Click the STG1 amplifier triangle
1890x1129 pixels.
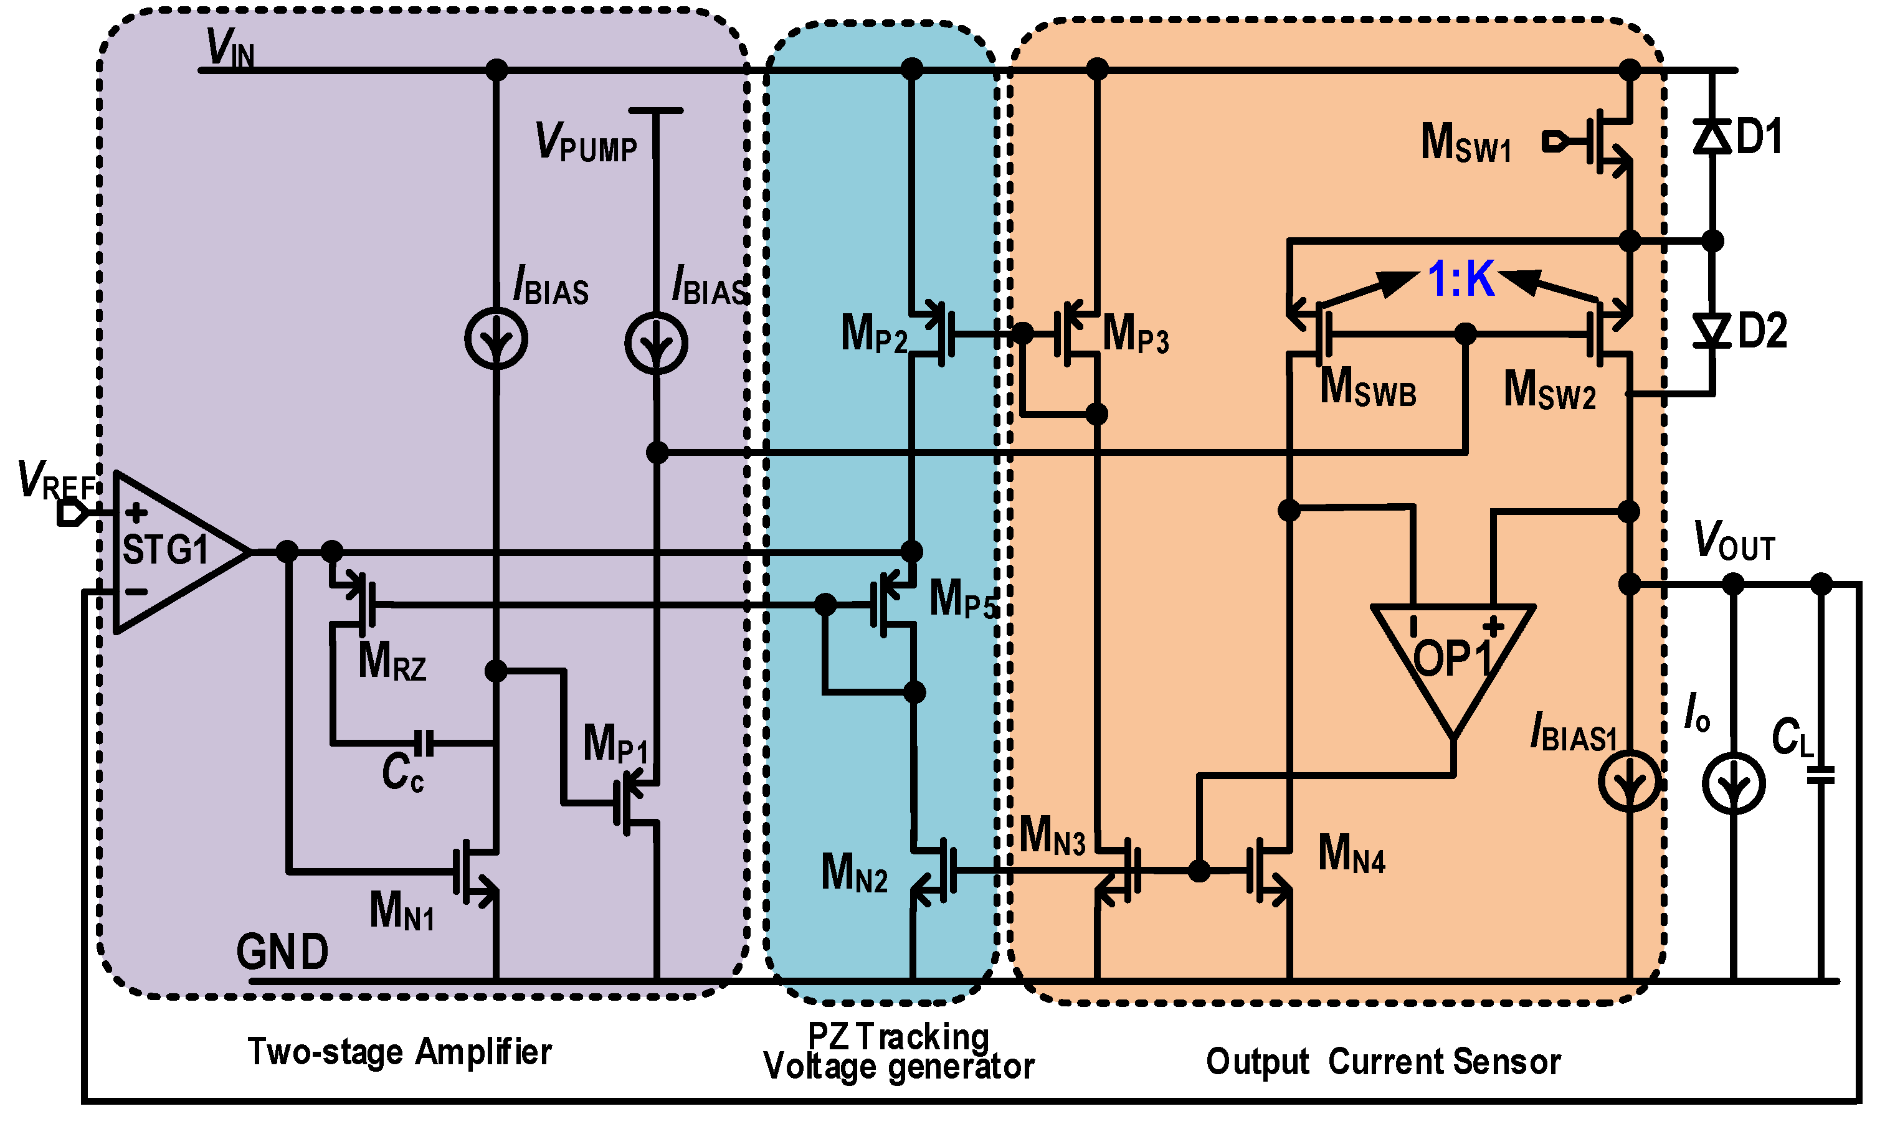pyautogui.click(x=171, y=552)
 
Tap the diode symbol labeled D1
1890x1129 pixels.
pyautogui.click(x=1712, y=138)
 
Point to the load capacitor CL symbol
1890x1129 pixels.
pyautogui.click(x=1821, y=775)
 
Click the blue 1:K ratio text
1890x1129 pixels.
pyautogui.click(x=1461, y=278)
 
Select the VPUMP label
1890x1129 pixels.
pyautogui.click(x=586, y=142)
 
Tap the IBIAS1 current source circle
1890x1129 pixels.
pyautogui.click(x=1629, y=780)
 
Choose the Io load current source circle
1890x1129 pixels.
pyautogui.click(x=1733, y=783)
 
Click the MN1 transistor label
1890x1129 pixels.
pyautogui.click(x=402, y=910)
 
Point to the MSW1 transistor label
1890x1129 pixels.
pyautogui.click(x=1465, y=143)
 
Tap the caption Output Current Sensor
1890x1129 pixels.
pyautogui.click(x=1384, y=1061)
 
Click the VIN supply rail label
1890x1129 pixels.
pyautogui.click(x=230, y=49)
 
